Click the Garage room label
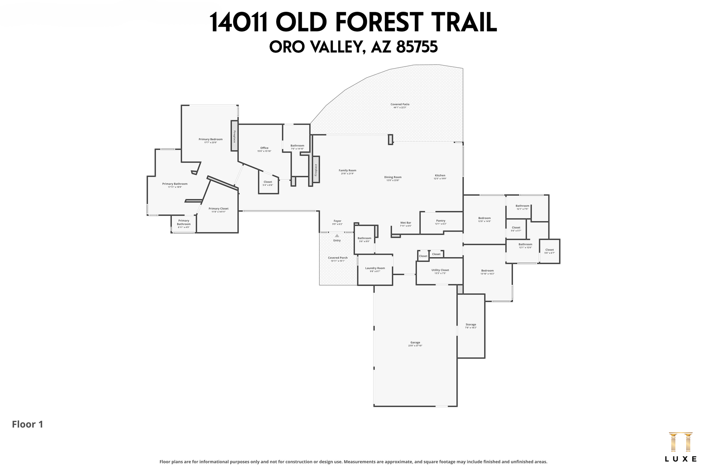click(x=415, y=343)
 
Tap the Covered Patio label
click(x=400, y=104)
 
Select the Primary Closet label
click(x=219, y=209)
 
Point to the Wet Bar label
click(x=406, y=223)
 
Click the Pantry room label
click(x=440, y=221)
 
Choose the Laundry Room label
click(x=375, y=268)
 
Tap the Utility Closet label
click(x=440, y=270)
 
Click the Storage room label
click(x=471, y=325)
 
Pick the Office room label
click(x=264, y=148)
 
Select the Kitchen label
click(x=440, y=176)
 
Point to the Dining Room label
click(x=393, y=177)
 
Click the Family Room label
click(x=347, y=170)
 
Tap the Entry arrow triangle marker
click(x=337, y=236)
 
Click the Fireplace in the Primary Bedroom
click(x=234, y=136)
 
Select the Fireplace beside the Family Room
click(x=316, y=170)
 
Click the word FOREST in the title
click(x=378, y=22)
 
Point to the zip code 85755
click(x=417, y=47)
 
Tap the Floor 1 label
click(x=28, y=424)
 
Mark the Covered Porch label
click(x=338, y=258)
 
